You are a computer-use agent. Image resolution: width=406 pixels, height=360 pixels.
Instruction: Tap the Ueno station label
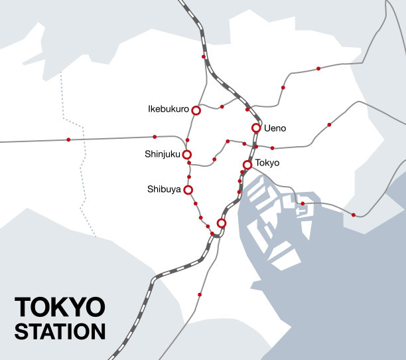point(275,128)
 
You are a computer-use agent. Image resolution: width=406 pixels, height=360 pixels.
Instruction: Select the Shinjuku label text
point(163,154)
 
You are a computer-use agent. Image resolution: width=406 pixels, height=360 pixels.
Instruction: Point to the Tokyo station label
point(267,163)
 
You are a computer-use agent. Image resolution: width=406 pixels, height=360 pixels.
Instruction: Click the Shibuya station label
point(164,189)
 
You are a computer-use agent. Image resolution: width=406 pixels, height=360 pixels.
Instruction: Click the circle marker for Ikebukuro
point(196,110)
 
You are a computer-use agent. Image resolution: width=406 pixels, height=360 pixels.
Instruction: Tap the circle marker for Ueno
point(256,128)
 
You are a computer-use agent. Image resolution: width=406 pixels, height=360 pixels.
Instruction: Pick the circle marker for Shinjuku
point(187,155)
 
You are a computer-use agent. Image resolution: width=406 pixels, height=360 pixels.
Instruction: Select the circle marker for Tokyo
point(247,164)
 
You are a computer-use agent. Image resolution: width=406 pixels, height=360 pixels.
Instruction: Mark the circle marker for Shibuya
point(188,190)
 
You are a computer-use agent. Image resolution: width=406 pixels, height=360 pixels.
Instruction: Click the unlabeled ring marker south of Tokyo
point(222,223)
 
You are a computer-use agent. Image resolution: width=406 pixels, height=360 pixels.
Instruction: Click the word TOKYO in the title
point(60,308)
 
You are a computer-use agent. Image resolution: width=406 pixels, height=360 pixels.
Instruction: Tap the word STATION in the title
point(60,331)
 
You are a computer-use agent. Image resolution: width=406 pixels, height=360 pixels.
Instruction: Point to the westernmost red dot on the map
point(68,139)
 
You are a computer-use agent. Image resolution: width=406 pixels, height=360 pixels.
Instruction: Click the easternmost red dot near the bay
point(354,215)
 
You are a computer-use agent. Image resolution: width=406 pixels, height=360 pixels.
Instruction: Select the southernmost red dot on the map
point(200,294)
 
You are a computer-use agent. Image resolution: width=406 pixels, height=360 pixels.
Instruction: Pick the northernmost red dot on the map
point(204,57)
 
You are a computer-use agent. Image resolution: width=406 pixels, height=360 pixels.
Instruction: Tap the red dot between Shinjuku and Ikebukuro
point(188,140)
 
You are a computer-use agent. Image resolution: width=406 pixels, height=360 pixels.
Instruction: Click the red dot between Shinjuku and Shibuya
point(189,177)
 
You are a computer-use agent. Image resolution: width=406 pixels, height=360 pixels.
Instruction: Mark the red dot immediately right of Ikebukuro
point(222,106)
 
